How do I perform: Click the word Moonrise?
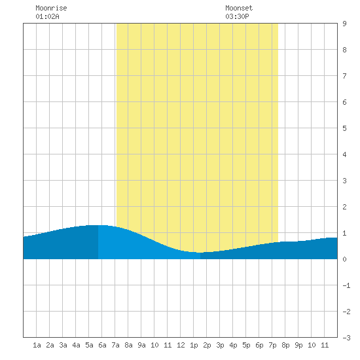[x=51, y=8]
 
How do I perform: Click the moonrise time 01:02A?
[x=47, y=16]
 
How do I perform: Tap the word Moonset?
[x=239, y=8]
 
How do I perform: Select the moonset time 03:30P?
[x=237, y=16]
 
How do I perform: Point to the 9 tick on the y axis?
[x=344, y=24]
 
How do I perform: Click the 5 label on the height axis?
[x=344, y=128]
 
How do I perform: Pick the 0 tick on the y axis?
[x=344, y=259]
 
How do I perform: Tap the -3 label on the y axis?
[x=346, y=338]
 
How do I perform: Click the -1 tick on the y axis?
[x=346, y=285]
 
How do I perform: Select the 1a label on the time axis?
[x=37, y=345]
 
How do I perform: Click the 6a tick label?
[x=102, y=345]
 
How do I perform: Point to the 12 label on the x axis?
[x=181, y=345]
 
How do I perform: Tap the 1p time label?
[x=194, y=345]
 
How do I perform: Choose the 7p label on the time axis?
[x=272, y=345]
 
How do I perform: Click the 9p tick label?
[x=298, y=345]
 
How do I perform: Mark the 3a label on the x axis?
[x=63, y=345]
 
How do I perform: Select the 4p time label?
[x=233, y=345]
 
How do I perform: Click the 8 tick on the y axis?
[x=344, y=50]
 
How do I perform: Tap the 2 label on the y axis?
[x=344, y=207]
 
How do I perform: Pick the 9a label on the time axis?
[x=141, y=345]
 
